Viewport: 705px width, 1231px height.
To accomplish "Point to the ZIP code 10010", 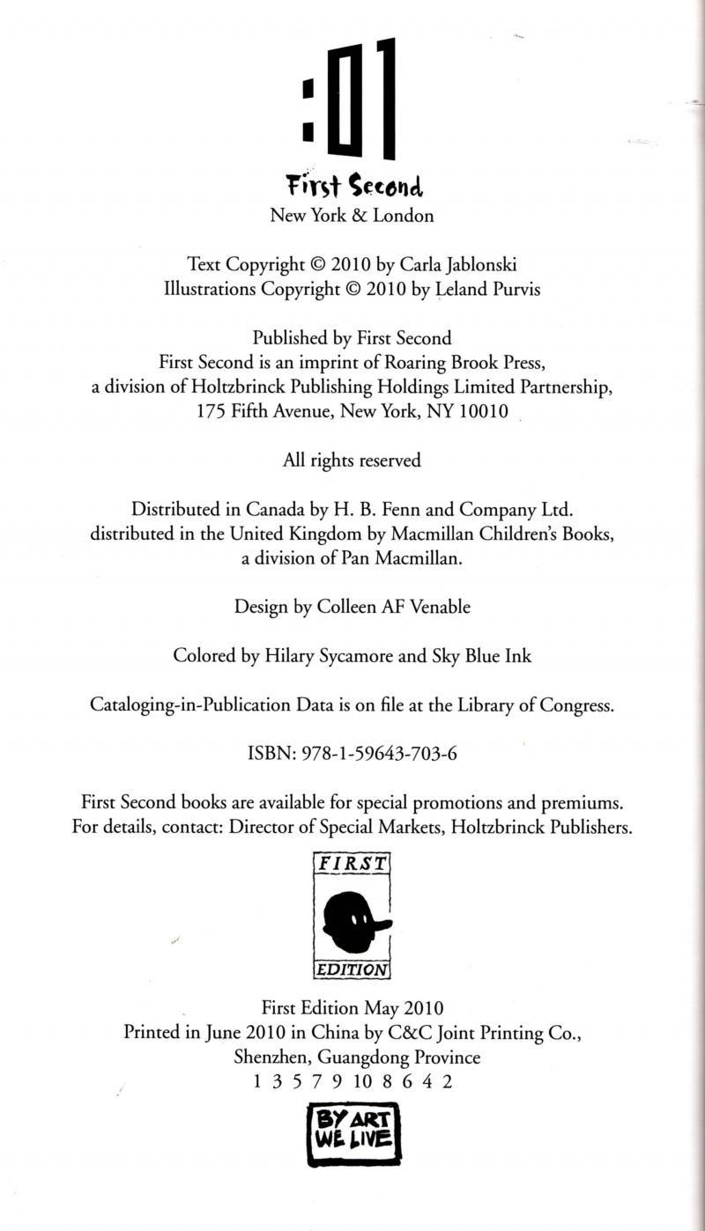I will click(484, 411).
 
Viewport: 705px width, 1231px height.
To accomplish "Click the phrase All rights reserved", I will click(352, 460).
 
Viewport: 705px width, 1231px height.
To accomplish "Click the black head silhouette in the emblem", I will click(351, 921).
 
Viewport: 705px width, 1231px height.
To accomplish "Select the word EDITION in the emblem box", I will click(352, 970).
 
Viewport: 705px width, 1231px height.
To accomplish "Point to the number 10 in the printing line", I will click(362, 1082).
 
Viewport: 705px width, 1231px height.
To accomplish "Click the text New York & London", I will click(352, 215).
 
